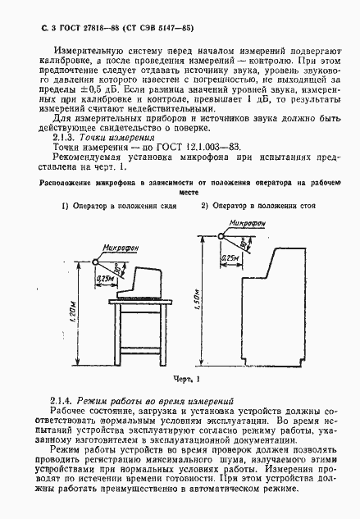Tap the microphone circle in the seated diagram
[x=96, y=262]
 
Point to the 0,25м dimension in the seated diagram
[x=105, y=279]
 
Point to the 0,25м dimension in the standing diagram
[x=232, y=258]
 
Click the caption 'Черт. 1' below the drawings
[x=187, y=379]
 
